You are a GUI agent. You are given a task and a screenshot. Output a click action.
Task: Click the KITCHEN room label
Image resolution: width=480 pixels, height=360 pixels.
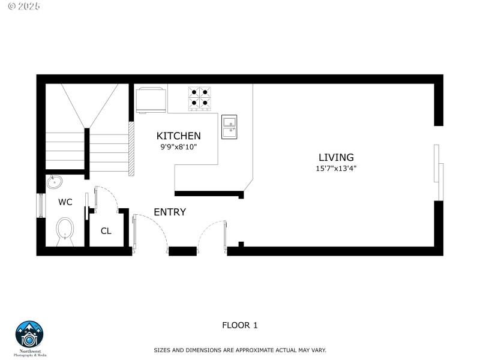178,136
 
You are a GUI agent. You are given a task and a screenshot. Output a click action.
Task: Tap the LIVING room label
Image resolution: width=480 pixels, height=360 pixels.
336,157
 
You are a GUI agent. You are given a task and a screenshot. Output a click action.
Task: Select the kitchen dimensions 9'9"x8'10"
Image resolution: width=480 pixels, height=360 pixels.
178,146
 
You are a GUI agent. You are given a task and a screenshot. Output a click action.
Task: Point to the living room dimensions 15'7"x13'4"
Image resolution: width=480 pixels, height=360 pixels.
336,169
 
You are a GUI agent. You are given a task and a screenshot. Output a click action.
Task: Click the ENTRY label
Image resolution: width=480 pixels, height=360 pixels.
170,212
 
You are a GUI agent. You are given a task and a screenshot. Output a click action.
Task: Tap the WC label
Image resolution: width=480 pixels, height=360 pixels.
65,202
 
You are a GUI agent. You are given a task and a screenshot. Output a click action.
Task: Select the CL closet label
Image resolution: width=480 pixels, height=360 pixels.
106,231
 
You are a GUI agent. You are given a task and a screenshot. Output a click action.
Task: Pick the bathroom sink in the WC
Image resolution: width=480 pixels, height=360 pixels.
55,182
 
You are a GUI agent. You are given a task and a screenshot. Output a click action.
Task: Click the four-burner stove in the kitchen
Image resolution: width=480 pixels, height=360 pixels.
200,98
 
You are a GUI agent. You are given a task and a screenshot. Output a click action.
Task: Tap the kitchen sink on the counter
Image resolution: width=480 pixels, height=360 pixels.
229,127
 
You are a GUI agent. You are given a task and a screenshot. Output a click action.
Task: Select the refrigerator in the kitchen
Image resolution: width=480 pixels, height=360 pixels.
151,99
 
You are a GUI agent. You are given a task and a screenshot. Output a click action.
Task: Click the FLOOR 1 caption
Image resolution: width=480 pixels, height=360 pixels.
239,325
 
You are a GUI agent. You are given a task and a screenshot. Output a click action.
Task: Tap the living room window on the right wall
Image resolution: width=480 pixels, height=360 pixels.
439,172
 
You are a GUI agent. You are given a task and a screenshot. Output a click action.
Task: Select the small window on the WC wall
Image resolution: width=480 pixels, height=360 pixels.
41,206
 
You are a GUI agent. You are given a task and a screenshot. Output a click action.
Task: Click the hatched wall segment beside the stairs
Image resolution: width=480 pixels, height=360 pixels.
131,149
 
